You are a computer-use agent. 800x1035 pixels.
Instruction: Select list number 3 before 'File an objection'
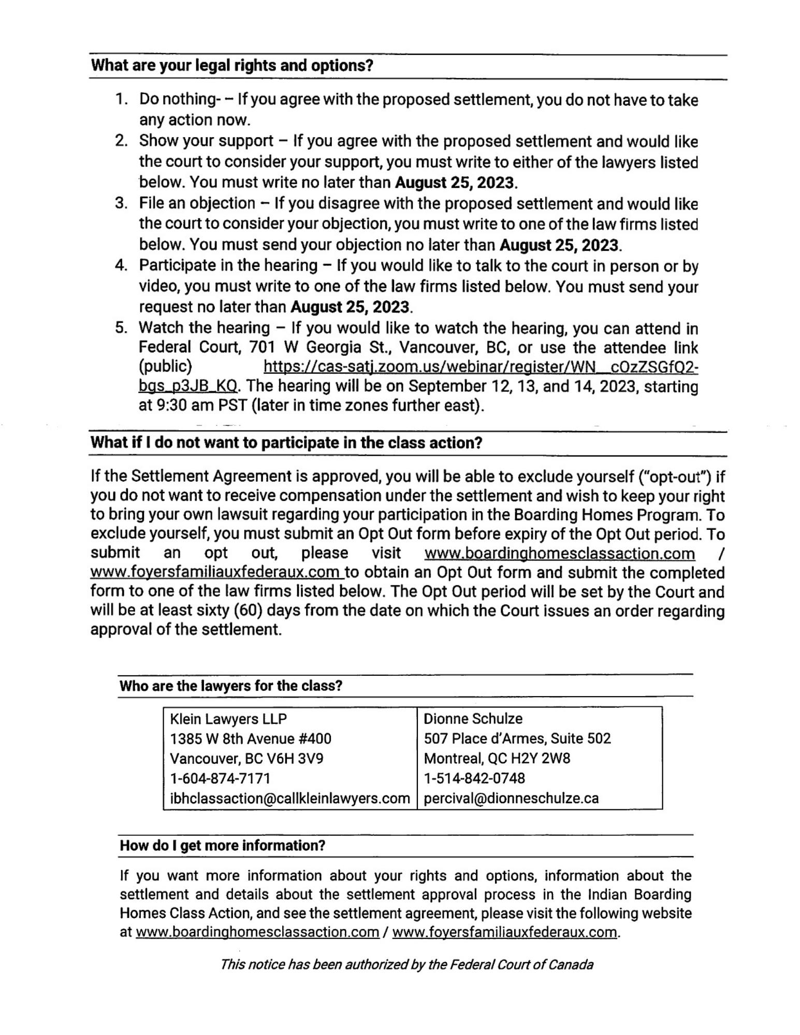pos(121,203)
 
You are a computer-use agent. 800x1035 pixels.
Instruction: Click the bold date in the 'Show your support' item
pos(455,183)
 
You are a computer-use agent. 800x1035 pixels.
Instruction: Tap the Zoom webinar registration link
pos(481,367)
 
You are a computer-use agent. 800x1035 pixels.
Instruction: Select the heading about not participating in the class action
pos(286,443)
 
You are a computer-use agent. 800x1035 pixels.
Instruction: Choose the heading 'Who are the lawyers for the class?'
pos(231,686)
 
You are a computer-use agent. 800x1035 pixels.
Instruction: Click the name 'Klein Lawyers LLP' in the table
pos(228,719)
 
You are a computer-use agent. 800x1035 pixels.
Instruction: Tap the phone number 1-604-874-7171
pos(220,778)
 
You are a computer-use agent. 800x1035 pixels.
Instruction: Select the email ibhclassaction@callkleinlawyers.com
pos(289,798)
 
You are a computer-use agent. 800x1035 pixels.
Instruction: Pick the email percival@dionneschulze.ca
pos(511,798)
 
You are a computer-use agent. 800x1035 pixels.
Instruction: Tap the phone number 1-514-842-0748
pos(474,778)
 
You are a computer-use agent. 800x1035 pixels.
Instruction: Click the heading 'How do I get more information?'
pos(222,846)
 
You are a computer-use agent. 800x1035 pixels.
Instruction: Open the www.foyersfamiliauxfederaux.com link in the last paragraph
pos(505,932)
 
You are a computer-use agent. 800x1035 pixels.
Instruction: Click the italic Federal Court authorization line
pos(406,965)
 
